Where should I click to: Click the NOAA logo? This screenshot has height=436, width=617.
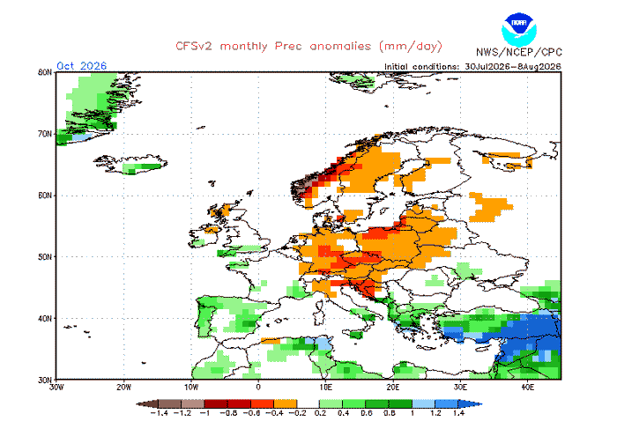click(518, 29)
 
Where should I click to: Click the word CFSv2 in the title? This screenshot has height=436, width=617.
click(194, 47)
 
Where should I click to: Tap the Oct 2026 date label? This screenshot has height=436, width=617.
click(81, 66)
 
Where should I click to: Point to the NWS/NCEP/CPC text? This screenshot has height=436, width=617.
click(518, 52)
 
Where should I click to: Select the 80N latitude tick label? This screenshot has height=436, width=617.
click(45, 72)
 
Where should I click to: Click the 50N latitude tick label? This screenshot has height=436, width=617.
click(45, 256)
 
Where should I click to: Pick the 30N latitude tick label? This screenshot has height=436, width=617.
click(45, 380)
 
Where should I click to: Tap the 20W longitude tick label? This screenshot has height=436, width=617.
click(123, 388)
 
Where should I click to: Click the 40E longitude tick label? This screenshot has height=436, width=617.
click(527, 388)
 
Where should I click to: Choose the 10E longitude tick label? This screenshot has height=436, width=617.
click(325, 388)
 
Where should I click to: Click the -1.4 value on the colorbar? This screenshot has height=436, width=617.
click(160, 413)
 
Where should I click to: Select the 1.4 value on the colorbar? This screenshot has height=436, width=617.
click(459, 413)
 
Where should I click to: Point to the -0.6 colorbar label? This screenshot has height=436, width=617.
click(251, 413)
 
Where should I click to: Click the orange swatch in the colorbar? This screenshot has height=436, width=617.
click(286, 403)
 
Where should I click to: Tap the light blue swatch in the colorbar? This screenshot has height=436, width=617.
click(423, 403)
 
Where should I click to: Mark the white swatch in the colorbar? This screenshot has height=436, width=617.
click(308, 403)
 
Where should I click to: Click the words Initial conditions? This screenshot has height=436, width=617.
click(421, 67)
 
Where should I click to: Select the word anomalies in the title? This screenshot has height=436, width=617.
click(340, 47)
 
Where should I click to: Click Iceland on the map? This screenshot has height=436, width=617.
click(130, 164)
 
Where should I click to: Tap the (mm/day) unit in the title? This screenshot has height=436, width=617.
click(411, 47)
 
